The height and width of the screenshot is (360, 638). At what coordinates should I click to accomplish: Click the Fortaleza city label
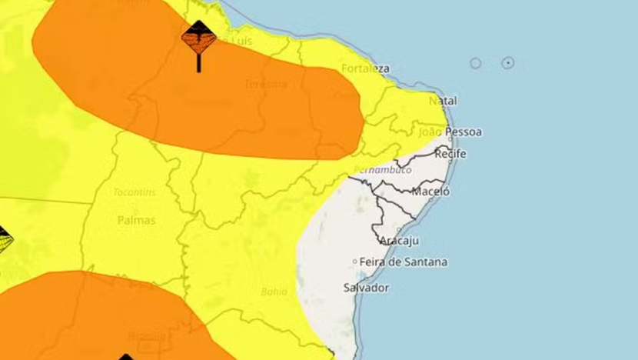366,68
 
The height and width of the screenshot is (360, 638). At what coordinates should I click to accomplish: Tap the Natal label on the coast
443,101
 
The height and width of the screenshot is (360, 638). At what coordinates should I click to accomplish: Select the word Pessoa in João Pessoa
464,132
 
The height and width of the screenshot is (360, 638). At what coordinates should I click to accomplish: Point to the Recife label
450,154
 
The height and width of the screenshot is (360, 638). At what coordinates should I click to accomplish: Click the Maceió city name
430,192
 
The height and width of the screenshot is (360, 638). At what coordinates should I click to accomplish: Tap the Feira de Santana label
404,262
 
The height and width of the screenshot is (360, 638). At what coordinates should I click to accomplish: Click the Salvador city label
366,288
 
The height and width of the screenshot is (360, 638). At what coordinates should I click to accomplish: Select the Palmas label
136,220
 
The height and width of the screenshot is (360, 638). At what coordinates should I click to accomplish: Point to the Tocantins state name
135,192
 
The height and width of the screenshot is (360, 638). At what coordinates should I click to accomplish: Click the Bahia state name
274,292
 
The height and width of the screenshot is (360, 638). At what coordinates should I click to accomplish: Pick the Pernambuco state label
383,169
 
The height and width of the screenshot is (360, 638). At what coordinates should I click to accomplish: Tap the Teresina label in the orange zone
265,83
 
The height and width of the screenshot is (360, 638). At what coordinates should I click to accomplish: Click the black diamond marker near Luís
199,38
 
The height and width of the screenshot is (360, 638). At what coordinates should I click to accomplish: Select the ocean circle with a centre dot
508,63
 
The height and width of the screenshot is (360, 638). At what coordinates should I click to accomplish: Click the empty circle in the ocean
476,63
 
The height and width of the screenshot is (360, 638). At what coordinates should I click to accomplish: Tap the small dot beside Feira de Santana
355,262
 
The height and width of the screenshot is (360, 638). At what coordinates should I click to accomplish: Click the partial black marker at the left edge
4,242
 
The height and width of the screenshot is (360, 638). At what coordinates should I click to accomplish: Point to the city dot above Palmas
135,209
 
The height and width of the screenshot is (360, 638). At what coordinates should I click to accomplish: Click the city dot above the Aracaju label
398,229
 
